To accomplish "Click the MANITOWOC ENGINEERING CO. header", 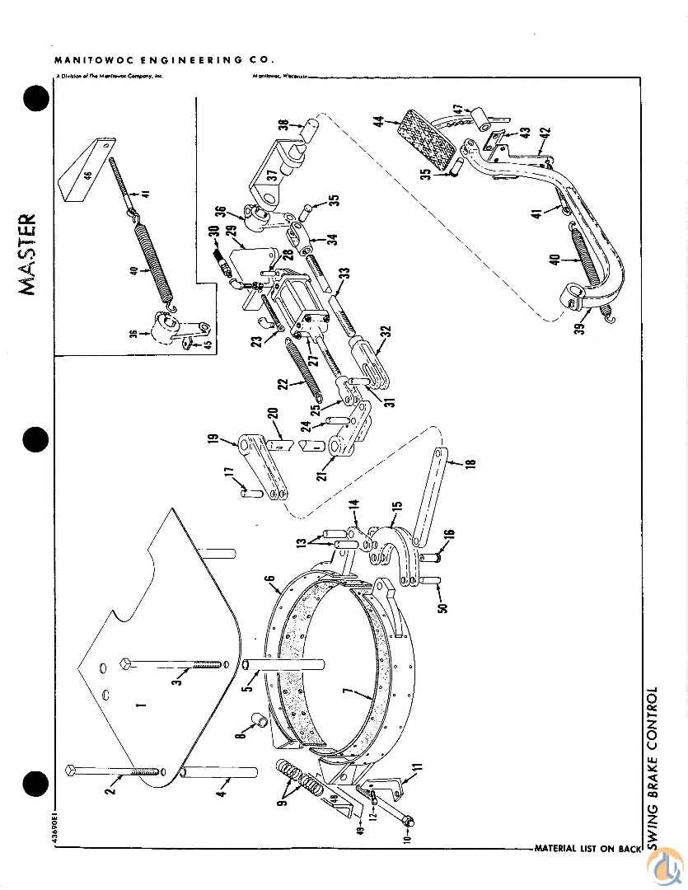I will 164,60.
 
